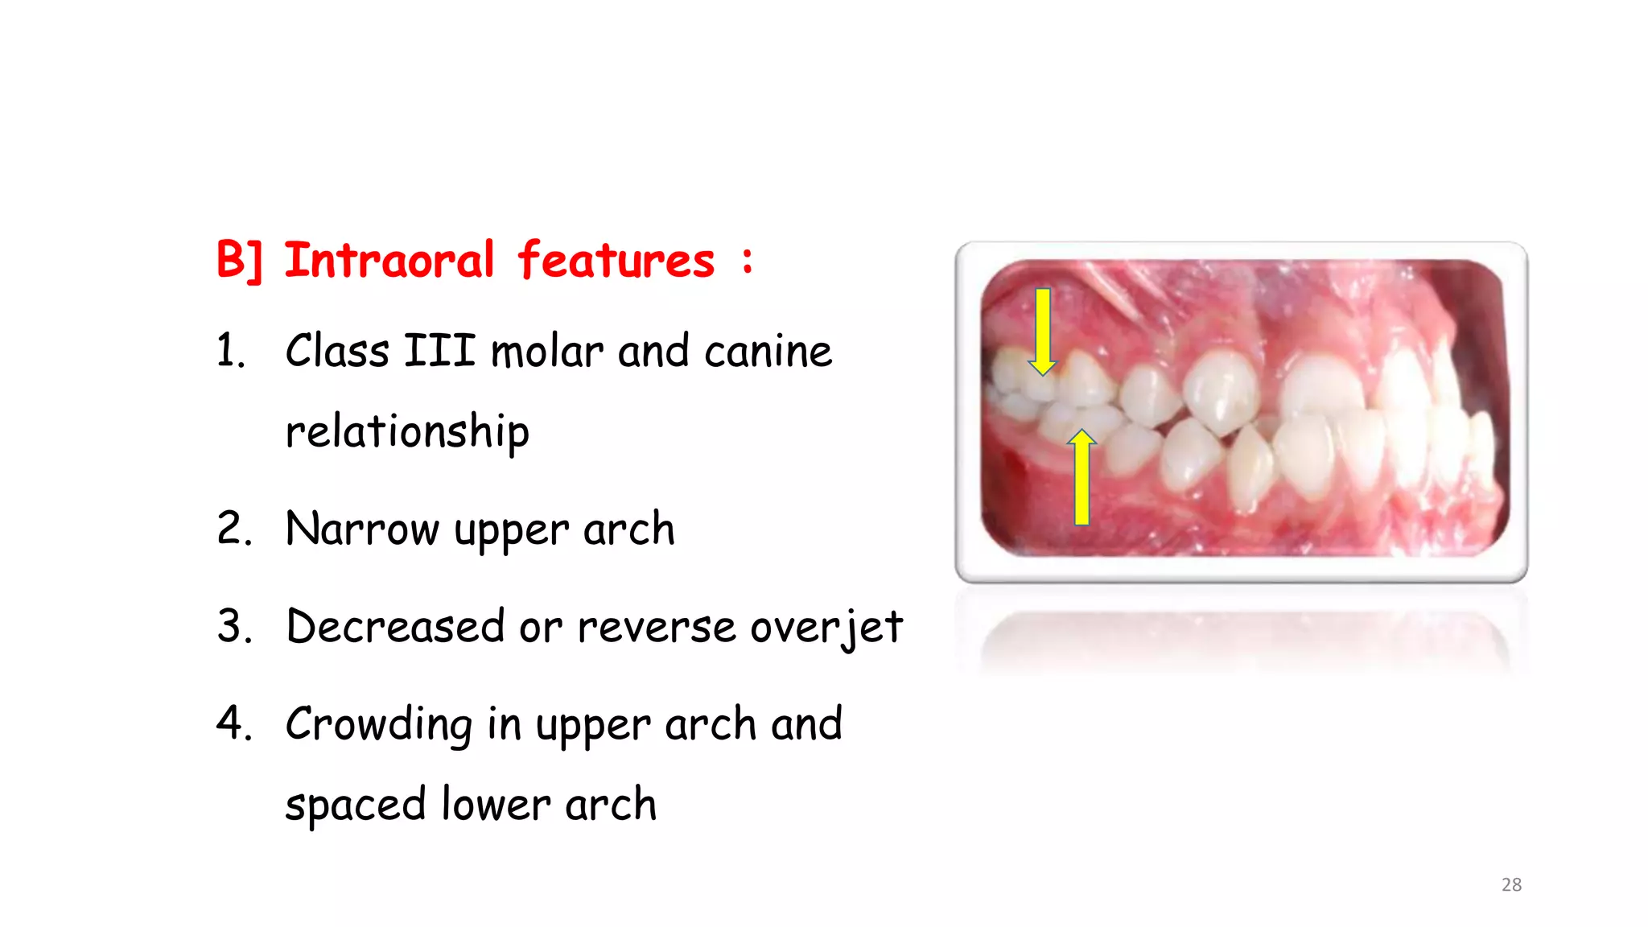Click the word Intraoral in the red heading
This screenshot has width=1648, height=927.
pos(389,261)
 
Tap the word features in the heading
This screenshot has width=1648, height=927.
pos(616,261)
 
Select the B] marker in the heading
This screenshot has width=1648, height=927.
pos(239,261)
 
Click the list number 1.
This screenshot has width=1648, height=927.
pos(230,352)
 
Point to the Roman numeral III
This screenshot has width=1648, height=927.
pos(439,352)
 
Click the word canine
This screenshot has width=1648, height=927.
pos(768,352)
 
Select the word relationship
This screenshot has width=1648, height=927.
pos(407,432)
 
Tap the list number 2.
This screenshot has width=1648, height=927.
pos(233,529)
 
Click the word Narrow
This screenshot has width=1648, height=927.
pos(362,529)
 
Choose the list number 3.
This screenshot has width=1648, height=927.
pos(233,627)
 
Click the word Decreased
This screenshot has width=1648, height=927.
pos(395,627)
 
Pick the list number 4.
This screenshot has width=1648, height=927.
pos(233,723)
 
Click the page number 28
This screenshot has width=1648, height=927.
pos(1511,884)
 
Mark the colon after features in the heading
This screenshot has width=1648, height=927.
pos(748,262)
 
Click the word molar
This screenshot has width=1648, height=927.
pos(546,352)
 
